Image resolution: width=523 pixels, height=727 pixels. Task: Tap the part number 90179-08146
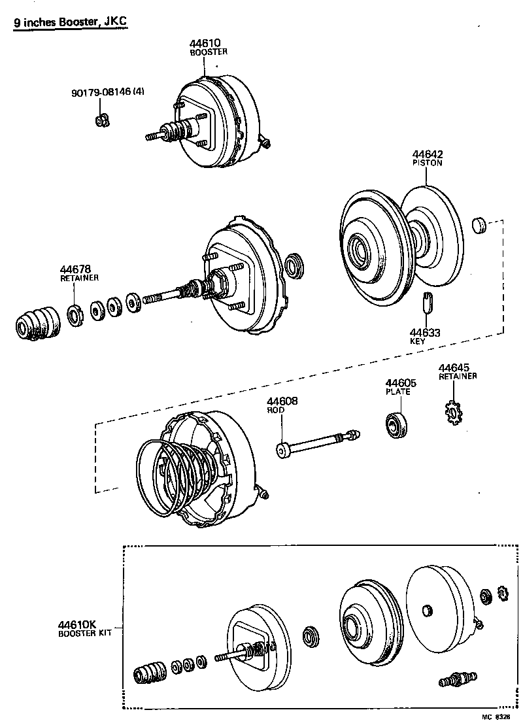[x=101, y=93]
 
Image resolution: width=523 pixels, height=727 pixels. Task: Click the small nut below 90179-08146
[x=101, y=120]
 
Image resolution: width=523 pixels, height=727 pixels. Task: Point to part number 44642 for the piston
[x=426, y=154]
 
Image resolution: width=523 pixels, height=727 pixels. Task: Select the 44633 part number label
[x=425, y=333]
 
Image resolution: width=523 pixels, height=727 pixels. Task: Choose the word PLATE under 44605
[x=397, y=392]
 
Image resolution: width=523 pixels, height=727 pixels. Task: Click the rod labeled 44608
[x=314, y=445]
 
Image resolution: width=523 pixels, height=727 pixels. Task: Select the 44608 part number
[x=282, y=401]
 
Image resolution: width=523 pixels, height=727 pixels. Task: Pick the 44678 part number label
[x=75, y=269]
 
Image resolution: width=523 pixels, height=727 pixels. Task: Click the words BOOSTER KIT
[x=84, y=634]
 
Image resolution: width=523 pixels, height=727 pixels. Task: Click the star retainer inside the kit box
[x=502, y=592]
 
